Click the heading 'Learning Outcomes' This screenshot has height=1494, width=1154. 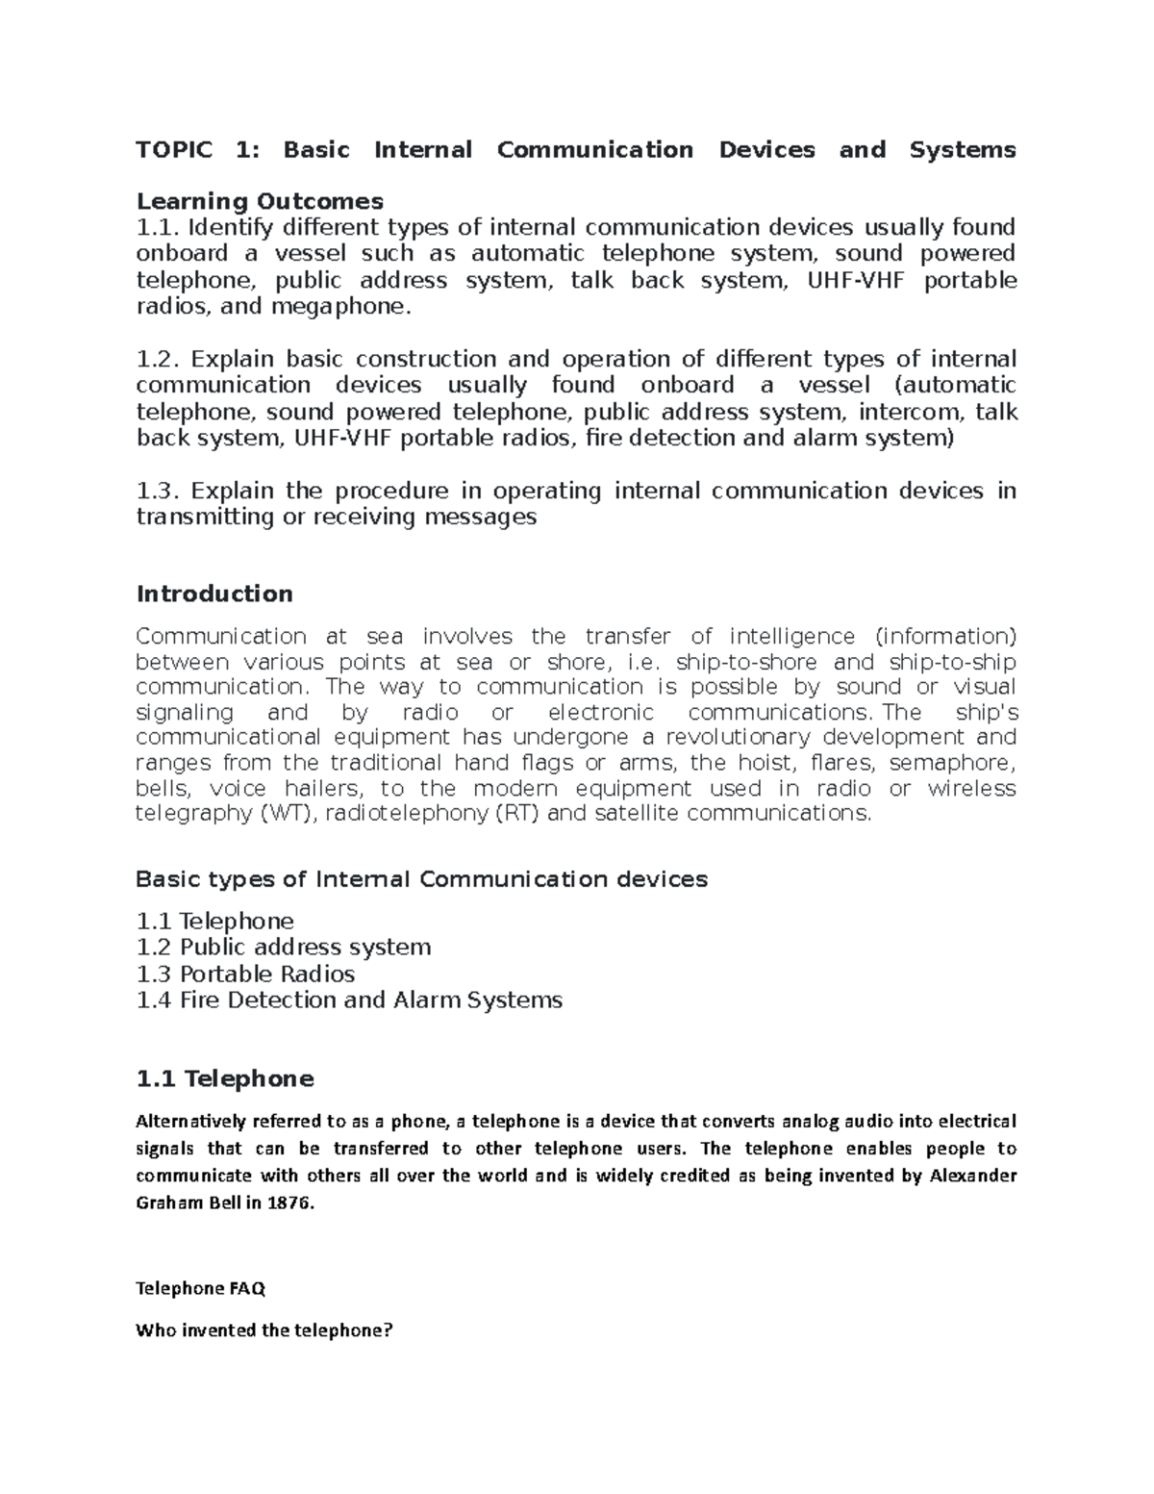coord(260,201)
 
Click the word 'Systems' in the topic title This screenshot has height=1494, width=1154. coord(962,150)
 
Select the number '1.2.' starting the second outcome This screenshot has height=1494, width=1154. coord(158,360)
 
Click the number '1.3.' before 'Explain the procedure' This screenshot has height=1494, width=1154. coord(158,492)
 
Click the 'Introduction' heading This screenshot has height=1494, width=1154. coord(214,594)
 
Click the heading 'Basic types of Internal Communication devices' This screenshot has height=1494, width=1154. coord(421,879)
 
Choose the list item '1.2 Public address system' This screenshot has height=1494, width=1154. coord(283,948)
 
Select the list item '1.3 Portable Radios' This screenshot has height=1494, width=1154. coord(245,974)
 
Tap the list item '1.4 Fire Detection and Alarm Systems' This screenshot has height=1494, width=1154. coord(349,1000)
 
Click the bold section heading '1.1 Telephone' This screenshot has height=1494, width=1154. coord(225,1079)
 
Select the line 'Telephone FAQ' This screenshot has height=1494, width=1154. coord(200,1288)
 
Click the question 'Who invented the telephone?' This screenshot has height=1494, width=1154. coord(264,1331)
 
